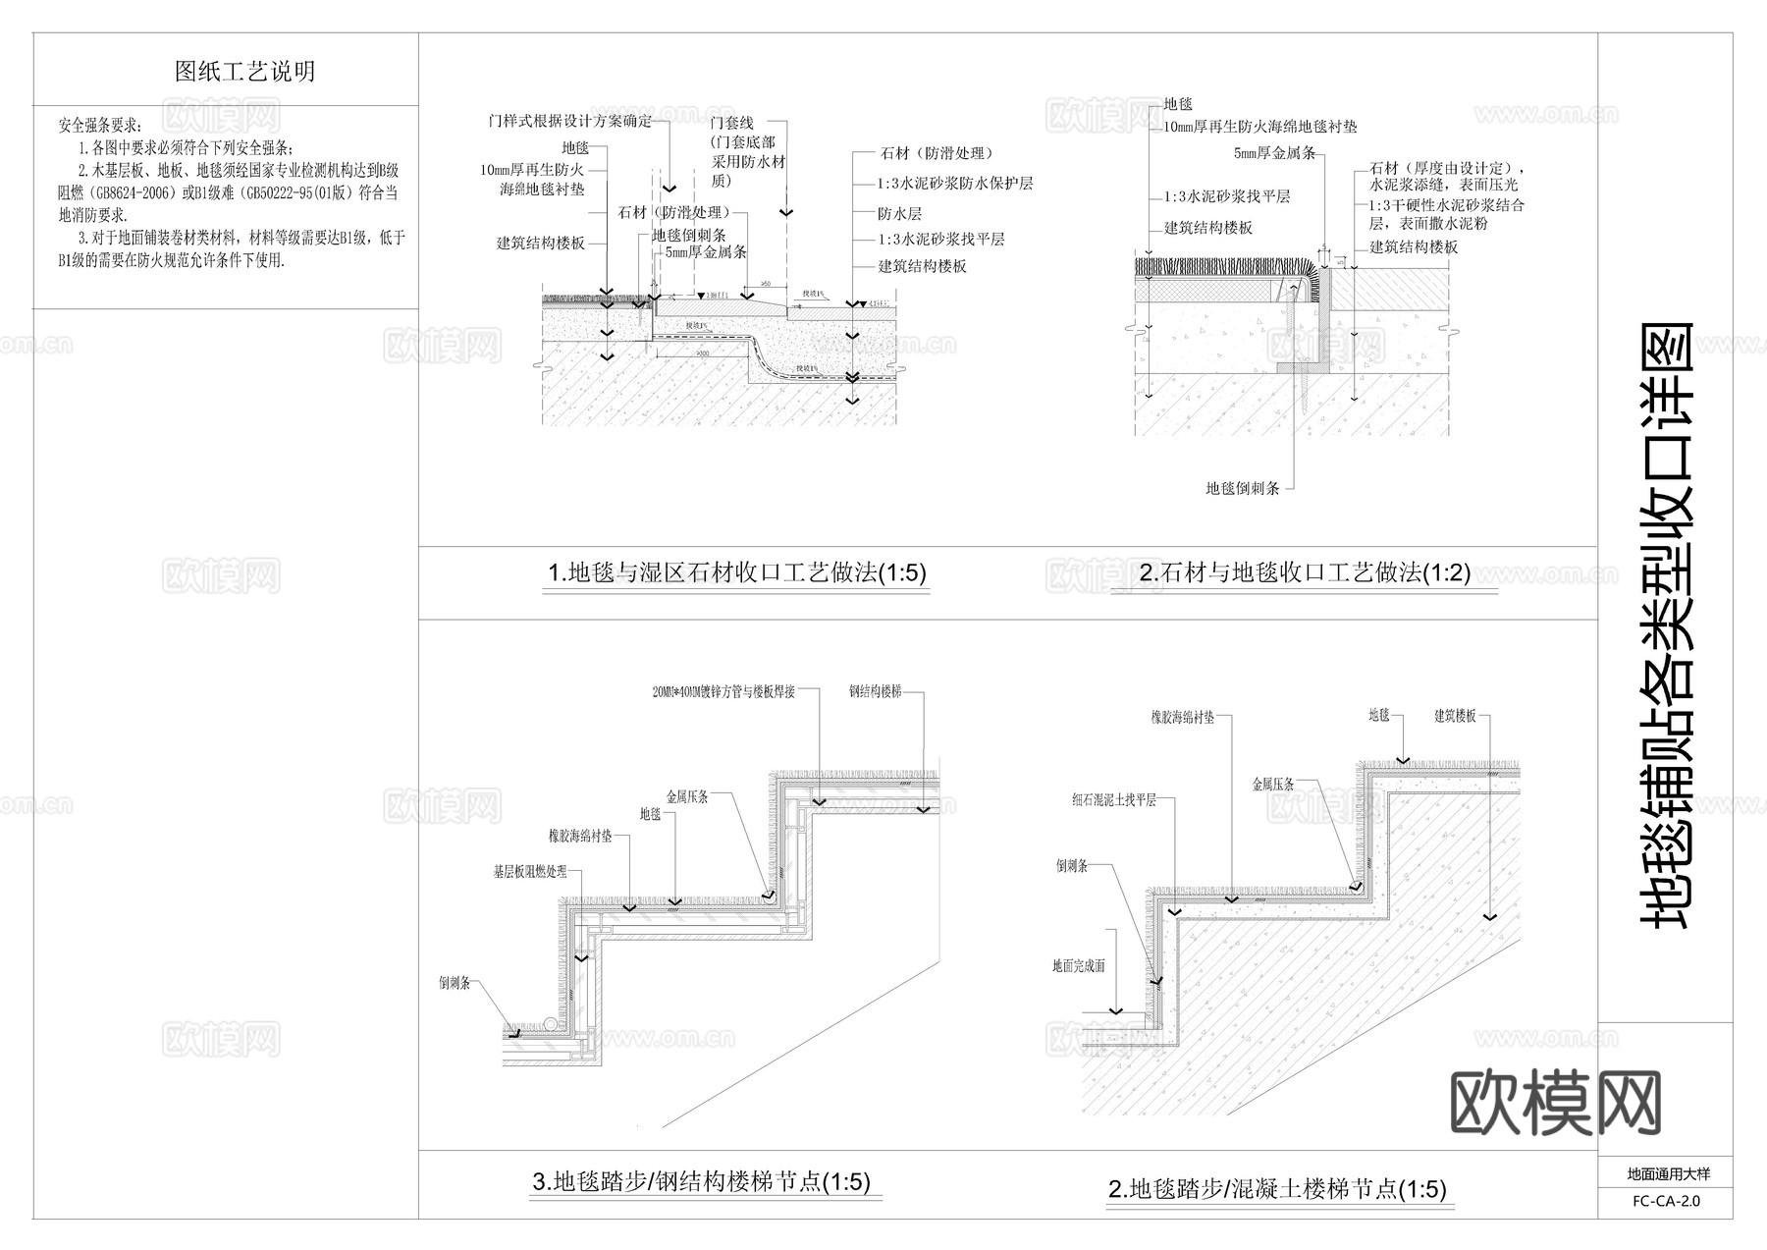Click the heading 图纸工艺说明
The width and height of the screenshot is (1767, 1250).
[x=244, y=72]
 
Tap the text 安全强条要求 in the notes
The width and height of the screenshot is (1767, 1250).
[x=99, y=126]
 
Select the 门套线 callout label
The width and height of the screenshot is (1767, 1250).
[x=731, y=123]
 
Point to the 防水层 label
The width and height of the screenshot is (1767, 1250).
[x=899, y=213]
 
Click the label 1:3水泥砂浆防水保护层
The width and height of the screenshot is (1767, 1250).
[x=954, y=184]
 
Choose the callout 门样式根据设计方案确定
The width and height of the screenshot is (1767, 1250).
[x=569, y=121]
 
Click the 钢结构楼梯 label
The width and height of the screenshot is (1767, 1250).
[x=875, y=691]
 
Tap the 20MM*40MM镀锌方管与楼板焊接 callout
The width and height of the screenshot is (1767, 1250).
[x=723, y=691]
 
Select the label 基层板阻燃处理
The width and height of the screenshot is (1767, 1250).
[x=530, y=871]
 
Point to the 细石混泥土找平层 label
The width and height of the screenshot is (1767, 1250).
[x=1114, y=800]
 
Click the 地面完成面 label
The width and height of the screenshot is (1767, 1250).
[x=1079, y=965]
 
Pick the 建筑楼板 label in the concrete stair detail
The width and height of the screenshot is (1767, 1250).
[x=1455, y=716]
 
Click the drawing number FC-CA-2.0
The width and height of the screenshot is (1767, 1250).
[x=1666, y=1201]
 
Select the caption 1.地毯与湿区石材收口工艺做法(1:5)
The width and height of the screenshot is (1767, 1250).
[x=736, y=573]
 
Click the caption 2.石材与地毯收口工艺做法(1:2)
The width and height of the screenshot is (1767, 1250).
[x=1305, y=573]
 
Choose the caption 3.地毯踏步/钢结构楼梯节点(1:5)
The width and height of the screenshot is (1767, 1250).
[x=701, y=1181]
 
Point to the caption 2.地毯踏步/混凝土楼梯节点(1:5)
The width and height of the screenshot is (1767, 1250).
[x=1277, y=1189]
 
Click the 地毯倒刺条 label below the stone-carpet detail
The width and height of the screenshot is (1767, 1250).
[x=1243, y=488]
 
